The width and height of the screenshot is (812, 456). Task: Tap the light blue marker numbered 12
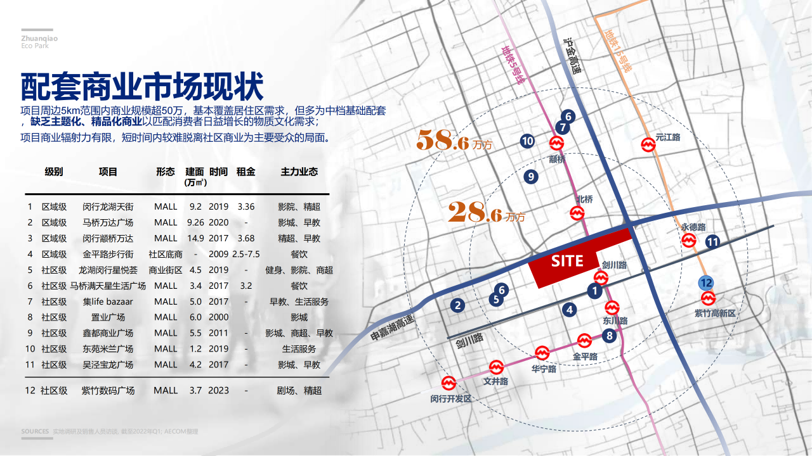pos(705,283)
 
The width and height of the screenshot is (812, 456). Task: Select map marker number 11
pos(712,241)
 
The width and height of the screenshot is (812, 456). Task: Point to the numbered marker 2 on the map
pos(457,305)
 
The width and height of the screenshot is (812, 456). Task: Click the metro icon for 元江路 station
pos(648,145)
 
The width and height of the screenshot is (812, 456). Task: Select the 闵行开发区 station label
pos(451,398)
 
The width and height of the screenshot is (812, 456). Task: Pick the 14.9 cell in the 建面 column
pos(195,238)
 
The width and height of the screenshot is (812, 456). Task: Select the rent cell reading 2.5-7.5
pos(246,254)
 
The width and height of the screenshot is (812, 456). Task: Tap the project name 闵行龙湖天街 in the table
pos(108,206)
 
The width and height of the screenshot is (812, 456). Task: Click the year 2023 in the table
pos(219,391)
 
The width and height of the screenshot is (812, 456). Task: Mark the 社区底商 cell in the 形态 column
pos(166,254)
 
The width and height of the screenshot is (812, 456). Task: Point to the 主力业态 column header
pos(299,172)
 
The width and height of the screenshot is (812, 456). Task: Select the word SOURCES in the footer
pos(35,431)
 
